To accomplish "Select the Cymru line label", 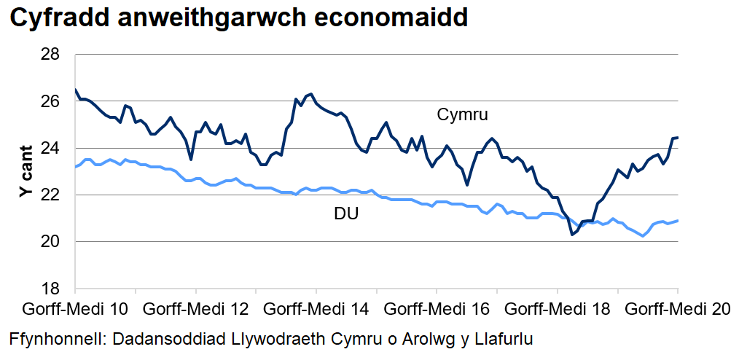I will click(462, 115).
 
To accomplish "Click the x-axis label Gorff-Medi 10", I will click(77, 309).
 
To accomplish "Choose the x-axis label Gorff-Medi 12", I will click(195, 309).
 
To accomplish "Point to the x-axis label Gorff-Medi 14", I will click(316, 309).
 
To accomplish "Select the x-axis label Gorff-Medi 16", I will click(436, 309).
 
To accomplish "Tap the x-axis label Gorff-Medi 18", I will click(556, 309).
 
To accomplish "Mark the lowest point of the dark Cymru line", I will click(572, 235).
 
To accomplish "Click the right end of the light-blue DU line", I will click(679, 220).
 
